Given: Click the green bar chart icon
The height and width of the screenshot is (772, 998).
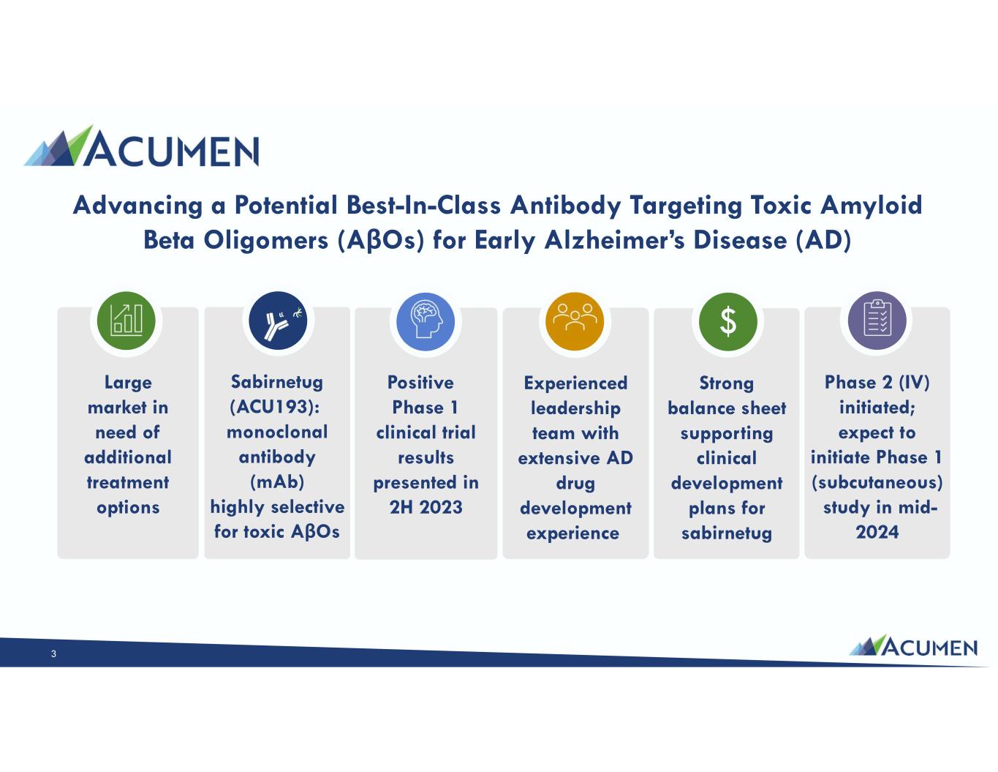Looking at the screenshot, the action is coord(126,321).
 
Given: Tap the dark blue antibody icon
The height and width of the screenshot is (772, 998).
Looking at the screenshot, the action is coord(278,321).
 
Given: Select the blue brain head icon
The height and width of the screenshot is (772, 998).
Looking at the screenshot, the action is coord(426,321).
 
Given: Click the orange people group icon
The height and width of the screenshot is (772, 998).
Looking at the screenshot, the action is coord(575,321).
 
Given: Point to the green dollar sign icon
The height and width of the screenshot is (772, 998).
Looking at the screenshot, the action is coord(728,321).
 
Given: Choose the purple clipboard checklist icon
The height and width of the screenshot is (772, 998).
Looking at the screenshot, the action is coord(877,321).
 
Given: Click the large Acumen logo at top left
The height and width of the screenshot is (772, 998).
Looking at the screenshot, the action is coord(141,146).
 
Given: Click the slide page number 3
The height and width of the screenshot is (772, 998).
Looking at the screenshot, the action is coord(53,654).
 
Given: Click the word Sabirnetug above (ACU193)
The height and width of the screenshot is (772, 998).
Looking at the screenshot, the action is coord(277,382).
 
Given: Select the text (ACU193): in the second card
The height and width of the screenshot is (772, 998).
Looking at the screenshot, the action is coord(274,407).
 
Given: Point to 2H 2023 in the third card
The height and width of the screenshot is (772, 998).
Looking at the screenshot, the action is coord(426,507).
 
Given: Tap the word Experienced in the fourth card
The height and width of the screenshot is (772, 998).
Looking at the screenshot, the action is coord(575,383).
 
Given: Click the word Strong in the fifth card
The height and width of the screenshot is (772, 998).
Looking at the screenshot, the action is coord(727,383).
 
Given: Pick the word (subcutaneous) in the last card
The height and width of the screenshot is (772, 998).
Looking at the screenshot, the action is coord(877,482).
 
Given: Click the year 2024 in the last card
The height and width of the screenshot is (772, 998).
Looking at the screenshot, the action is coord(877,532).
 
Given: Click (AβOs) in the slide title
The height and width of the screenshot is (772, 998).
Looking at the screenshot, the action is coord(381,240).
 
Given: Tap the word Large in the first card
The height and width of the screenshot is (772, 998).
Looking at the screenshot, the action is coord(128,383).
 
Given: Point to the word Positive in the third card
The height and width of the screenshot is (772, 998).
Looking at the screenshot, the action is coord(420,382).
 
